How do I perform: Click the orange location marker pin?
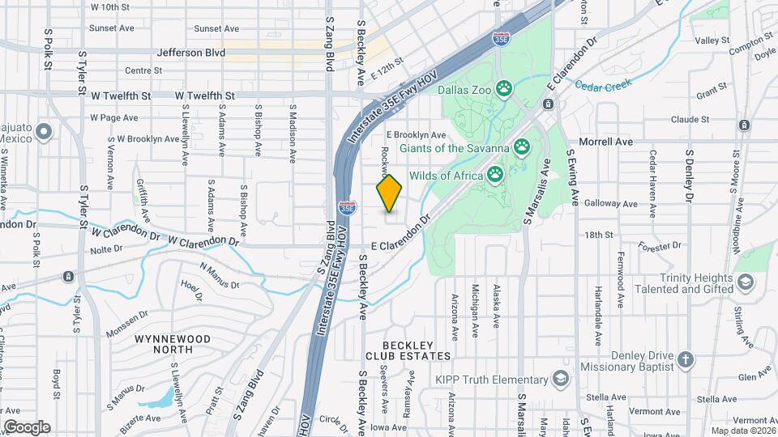[389, 193]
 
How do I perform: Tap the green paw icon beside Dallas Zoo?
[504, 87]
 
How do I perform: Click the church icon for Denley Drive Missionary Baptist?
[686, 359]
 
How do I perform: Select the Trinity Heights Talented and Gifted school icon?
[746, 282]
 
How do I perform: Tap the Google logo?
[27, 426]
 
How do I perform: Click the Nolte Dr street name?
[106, 251]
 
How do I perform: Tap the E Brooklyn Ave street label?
[417, 134]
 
